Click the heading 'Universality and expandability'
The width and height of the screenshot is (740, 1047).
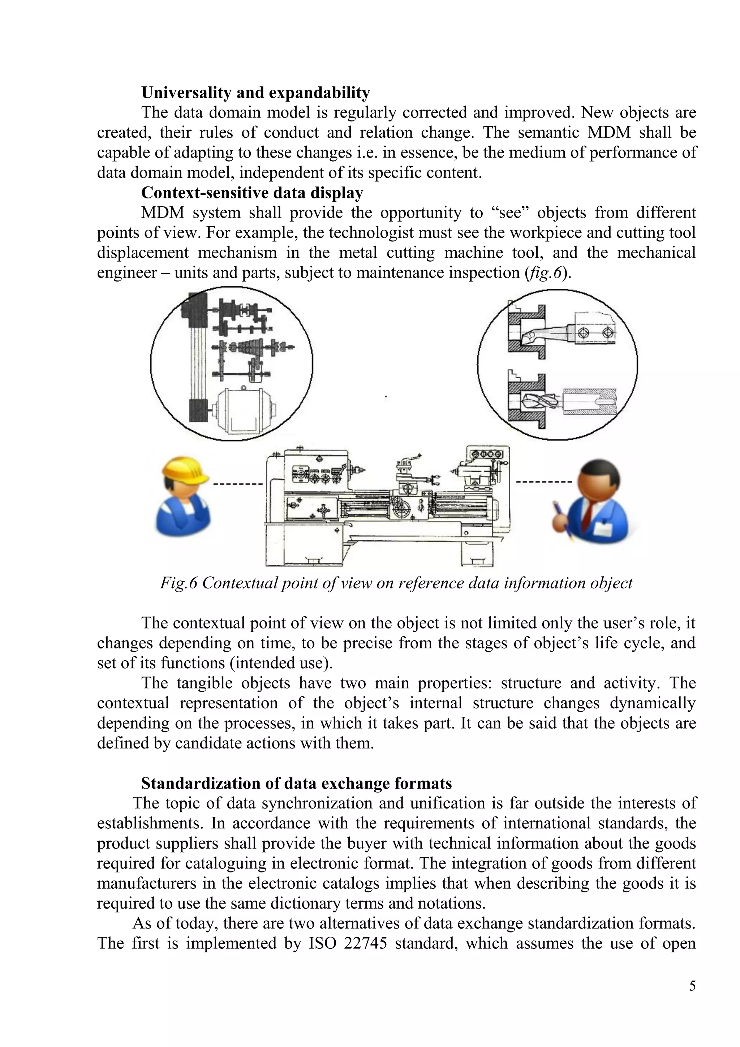(255, 93)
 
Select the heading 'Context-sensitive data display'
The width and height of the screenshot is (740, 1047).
(252, 193)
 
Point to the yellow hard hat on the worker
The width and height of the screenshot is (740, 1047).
(185, 471)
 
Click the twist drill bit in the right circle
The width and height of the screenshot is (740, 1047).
(538, 402)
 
